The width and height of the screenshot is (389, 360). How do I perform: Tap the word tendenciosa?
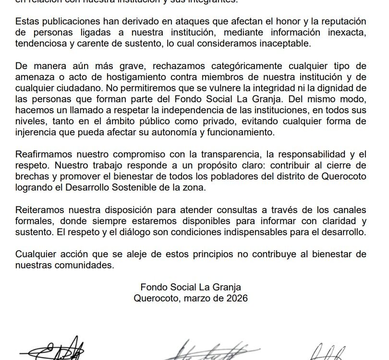(x=40, y=44)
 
